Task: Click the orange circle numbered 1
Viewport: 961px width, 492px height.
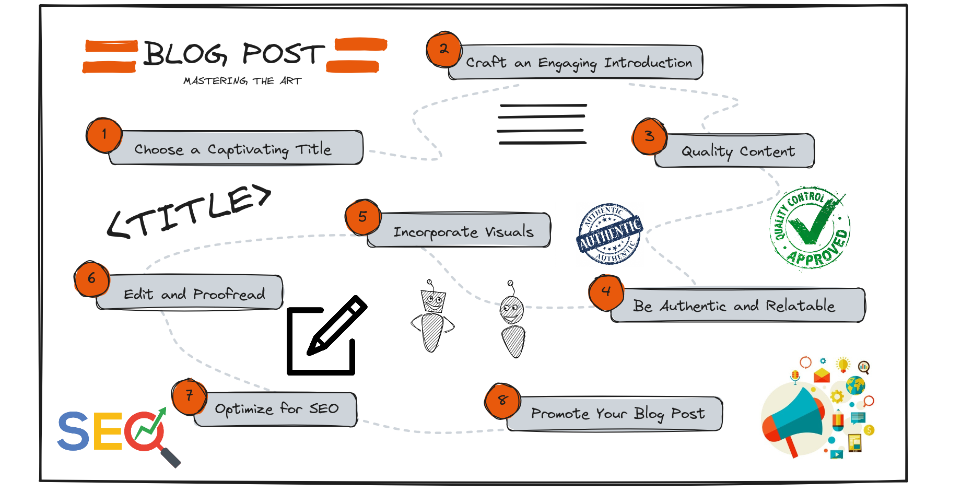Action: click(x=104, y=135)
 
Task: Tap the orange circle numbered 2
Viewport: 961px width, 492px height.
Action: click(x=444, y=49)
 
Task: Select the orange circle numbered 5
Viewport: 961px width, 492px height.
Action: click(x=363, y=217)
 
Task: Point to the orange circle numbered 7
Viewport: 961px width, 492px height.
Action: click(x=190, y=396)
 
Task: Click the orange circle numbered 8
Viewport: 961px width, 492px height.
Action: click(x=502, y=401)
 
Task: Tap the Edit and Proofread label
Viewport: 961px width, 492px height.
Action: click(x=194, y=294)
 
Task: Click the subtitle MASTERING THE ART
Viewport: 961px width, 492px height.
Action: click(x=242, y=81)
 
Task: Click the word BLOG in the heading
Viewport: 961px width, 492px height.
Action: click(x=185, y=54)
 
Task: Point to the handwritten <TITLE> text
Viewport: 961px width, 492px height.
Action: click(x=189, y=212)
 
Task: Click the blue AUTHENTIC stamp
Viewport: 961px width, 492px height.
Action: click(x=610, y=233)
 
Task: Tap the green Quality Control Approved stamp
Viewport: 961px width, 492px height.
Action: click(x=810, y=228)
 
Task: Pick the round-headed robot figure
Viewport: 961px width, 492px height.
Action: click(x=513, y=321)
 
